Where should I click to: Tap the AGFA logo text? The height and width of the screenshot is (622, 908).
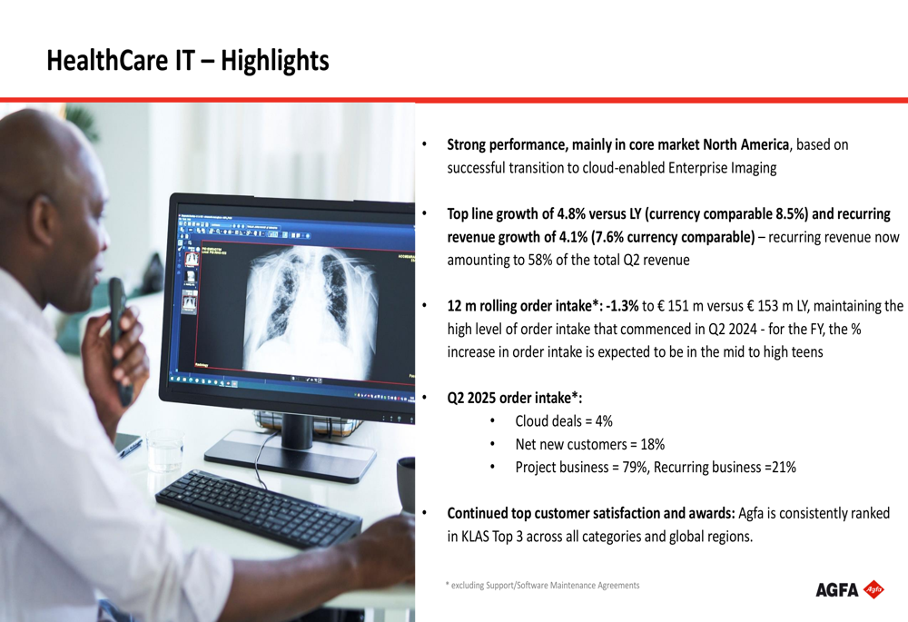[837, 590]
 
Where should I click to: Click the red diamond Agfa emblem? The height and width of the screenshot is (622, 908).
[873, 589]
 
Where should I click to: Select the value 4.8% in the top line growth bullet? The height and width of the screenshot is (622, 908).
[570, 214]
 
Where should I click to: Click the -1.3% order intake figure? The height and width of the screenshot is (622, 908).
[622, 306]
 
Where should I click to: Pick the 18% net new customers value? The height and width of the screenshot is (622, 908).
[653, 444]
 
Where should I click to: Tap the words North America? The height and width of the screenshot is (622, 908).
[745, 144]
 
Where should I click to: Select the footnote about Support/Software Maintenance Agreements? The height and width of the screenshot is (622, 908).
[543, 586]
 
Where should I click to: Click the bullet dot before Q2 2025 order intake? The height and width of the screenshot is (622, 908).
[424, 398]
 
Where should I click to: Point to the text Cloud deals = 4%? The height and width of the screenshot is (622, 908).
[564, 421]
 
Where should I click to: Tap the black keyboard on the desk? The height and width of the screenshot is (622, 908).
[259, 508]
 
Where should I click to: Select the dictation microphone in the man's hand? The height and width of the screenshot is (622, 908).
[119, 339]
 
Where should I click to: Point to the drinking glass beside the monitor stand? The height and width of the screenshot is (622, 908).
[164, 450]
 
